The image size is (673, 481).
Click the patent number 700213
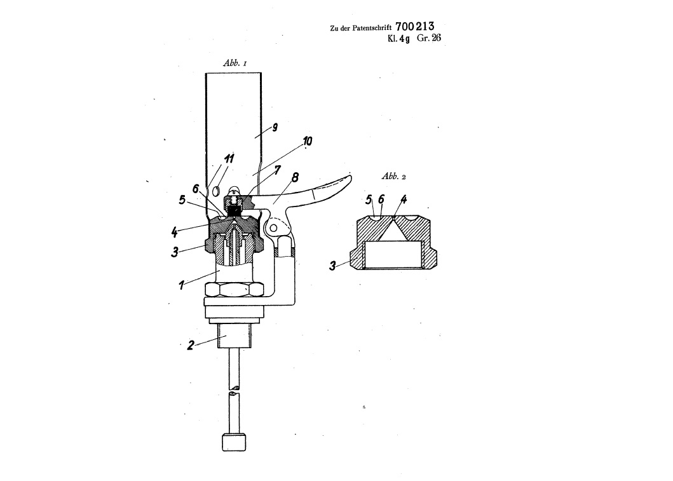(414, 27)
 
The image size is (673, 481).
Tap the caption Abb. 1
(235, 63)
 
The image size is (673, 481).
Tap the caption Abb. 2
(393, 176)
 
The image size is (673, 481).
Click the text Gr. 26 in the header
(429, 37)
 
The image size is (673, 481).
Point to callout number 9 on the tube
(275, 127)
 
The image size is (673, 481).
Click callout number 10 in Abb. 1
(308, 140)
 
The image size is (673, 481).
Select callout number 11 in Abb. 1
(229, 159)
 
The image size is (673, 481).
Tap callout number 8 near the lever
(295, 177)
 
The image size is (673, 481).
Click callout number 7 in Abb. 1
(277, 170)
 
